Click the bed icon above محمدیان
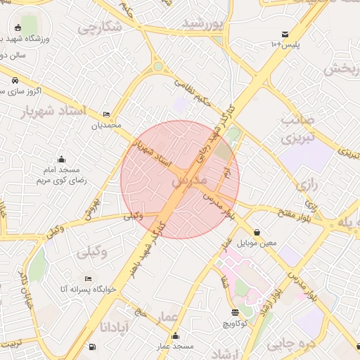106,114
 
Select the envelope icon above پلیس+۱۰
285,34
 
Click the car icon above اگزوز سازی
14,80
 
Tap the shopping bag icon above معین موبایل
257,232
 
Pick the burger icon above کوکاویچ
235,312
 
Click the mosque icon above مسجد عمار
175,335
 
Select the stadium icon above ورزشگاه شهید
18,28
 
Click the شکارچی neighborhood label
100,27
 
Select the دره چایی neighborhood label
287,344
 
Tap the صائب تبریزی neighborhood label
296,129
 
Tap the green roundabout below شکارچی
159,67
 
